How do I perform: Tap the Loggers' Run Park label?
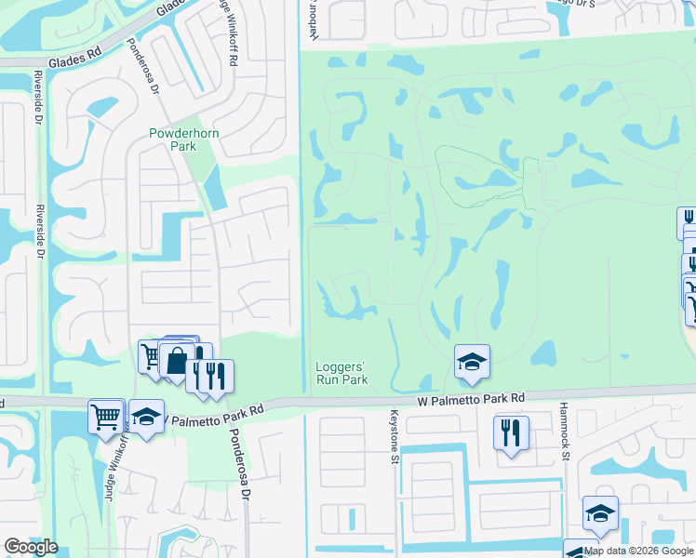point(341,373)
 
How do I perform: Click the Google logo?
point(31,547)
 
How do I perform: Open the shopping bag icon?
point(177,360)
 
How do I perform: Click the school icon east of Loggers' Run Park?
point(472,362)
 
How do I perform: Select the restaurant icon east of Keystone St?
point(511,433)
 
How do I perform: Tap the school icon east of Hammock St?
point(600,513)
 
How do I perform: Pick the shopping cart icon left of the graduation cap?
point(106,415)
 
